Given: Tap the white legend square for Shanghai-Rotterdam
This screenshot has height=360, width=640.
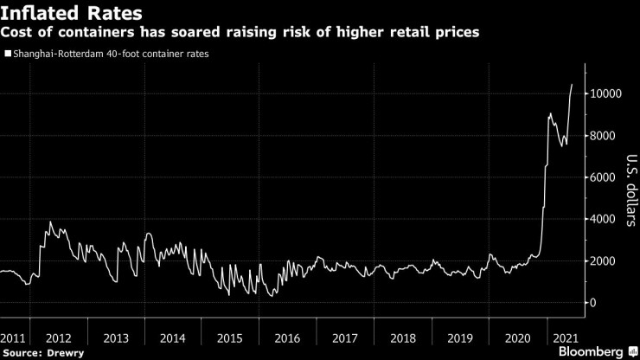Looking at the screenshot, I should coord(7,54).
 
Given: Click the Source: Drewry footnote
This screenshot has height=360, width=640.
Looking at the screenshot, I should coord(38,353).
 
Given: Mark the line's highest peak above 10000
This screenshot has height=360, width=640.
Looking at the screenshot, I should coord(572,85).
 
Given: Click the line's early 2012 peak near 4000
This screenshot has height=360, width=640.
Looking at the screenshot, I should coord(50,222).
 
